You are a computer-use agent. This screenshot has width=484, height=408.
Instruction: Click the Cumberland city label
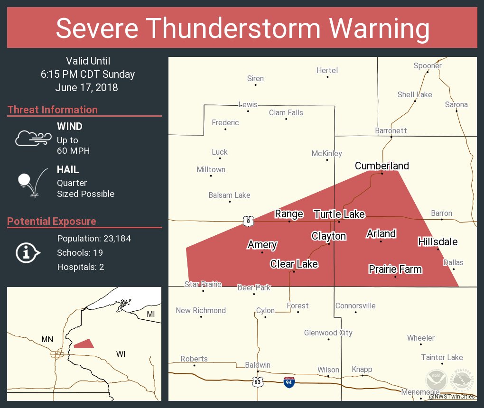pyautogui.click(x=382, y=166)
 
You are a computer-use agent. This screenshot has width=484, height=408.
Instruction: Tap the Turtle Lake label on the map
pyautogui.click(x=339, y=214)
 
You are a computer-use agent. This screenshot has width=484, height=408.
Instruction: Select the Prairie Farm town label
pyautogui.click(x=395, y=269)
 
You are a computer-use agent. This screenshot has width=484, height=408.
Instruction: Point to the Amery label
pyautogui.click(x=262, y=245)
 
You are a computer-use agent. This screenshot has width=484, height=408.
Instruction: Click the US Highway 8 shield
pyautogui.click(x=248, y=221)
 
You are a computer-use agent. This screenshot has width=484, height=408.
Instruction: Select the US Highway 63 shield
pyautogui.click(x=258, y=381)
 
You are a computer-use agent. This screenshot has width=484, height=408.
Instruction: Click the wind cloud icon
pyautogui.click(x=32, y=138)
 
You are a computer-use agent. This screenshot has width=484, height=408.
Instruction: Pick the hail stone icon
pyautogui.click(x=25, y=180)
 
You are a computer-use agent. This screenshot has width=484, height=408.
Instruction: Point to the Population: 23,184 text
pyautogui.click(x=94, y=239)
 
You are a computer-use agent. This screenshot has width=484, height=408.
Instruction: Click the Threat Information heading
pyautogui.click(x=53, y=110)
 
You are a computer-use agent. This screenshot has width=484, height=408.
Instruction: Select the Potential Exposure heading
pyautogui.click(x=52, y=222)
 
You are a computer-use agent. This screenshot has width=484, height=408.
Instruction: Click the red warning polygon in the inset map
pyautogui.click(x=84, y=344)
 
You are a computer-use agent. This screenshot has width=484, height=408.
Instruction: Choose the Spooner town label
pyautogui.click(x=428, y=66)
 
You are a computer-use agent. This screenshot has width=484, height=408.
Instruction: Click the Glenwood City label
pyautogui.click(x=328, y=333)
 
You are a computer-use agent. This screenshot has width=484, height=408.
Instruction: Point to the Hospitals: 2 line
pyautogui.click(x=81, y=267)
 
